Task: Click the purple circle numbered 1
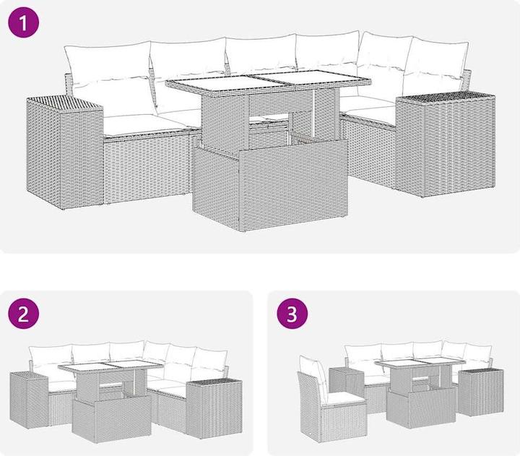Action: pos(23,22)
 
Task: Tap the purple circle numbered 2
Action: pos(23,314)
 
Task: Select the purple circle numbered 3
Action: pos(292,314)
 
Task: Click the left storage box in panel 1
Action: pos(65,152)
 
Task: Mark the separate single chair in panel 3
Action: pos(331,399)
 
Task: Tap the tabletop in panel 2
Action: pos(110,366)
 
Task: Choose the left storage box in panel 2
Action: pos(30,400)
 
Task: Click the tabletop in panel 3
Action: pos(420,361)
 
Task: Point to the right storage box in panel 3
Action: pos(481,392)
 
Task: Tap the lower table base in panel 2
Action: pos(111,419)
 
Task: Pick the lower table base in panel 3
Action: pos(421,408)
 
